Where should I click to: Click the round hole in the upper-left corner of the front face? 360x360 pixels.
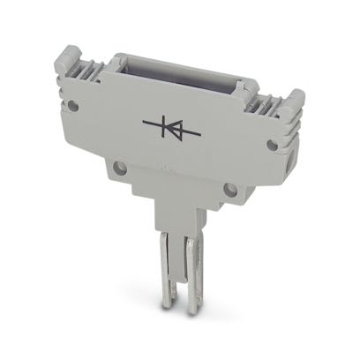pyautogui.click(x=73, y=106)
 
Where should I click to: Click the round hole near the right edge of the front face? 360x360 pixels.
pyautogui.click(x=273, y=143)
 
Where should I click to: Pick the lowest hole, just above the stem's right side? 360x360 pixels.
pyautogui.click(x=231, y=188)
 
